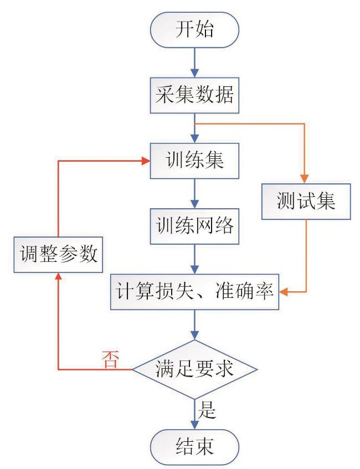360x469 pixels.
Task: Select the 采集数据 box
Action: pyautogui.click(x=194, y=96)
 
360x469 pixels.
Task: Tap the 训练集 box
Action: pyautogui.click(x=194, y=161)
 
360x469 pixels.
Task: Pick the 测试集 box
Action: pyautogui.click(x=306, y=200)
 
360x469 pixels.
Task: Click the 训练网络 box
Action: pyautogui.click(x=194, y=226)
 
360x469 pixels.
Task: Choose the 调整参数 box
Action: pyautogui.click(x=58, y=255)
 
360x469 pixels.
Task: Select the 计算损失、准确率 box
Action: pyautogui.click(x=194, y=290)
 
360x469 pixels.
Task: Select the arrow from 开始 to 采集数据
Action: pyautogui.click(x=194, y=64)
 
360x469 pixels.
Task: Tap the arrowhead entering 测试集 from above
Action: pyautogui.click(x=306, y=176)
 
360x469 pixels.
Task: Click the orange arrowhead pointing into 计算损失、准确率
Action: pyautogui.click(x=283, y=290)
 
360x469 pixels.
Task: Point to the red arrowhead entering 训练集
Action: pyautogui.click(x=147, y=161)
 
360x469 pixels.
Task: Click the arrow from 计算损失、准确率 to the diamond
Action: pyautogui.click(x=194, y=324)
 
